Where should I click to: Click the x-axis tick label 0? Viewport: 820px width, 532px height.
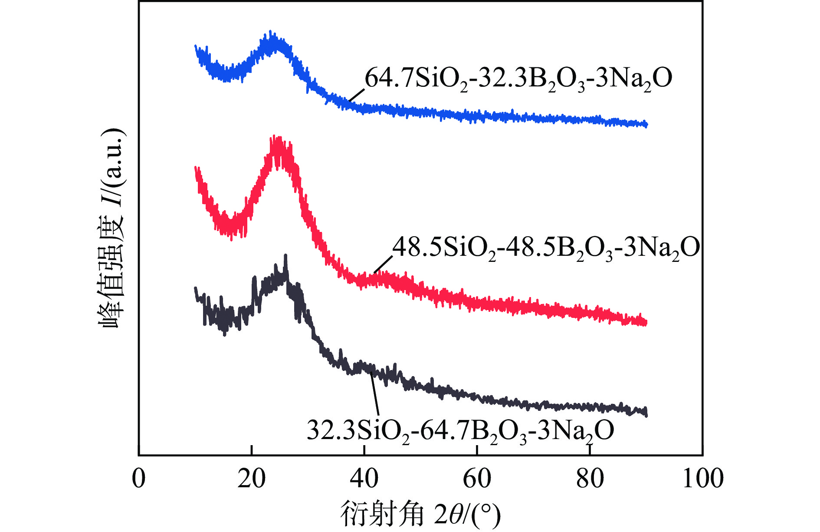coord(139,479)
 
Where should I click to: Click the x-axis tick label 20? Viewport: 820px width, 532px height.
coord(251,479)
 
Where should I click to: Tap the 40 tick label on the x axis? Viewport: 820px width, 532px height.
coord(364,479)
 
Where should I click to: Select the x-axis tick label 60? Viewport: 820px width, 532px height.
coord(477,479)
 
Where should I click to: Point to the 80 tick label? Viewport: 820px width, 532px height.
coord(590,479)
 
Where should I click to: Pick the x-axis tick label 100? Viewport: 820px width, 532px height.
coord(703,479)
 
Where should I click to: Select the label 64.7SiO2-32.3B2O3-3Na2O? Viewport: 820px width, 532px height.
coord(518,79)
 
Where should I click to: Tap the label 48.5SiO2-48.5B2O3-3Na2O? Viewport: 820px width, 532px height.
coord(546,248)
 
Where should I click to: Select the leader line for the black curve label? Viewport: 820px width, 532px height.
coord(375,393)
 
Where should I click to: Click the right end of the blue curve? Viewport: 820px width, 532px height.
coord(646,125)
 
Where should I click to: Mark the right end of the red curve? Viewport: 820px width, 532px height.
coord(646,323)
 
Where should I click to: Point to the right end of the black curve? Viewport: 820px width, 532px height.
coord(646,413)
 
